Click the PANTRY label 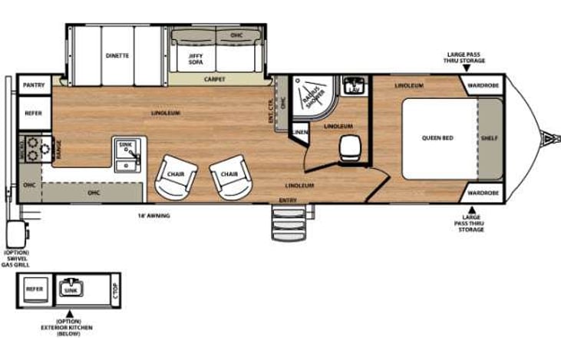pyautogui.click(x=33, y=85)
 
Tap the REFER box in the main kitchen pyautogui.click(x=33, y=113)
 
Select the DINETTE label pyautogui.click(x=117, y=55)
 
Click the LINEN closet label pyautogui.click(x=299, y=134)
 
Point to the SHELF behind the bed pyautogui.click(x=489, y=138)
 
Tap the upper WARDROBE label pyautogui.click(x=481, y=85)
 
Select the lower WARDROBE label pyautogui.click(x=481, y=192)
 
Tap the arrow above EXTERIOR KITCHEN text pyautogui.click(x=69, y=313)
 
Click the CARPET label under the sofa pyautogui.click(x=214, y=79)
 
